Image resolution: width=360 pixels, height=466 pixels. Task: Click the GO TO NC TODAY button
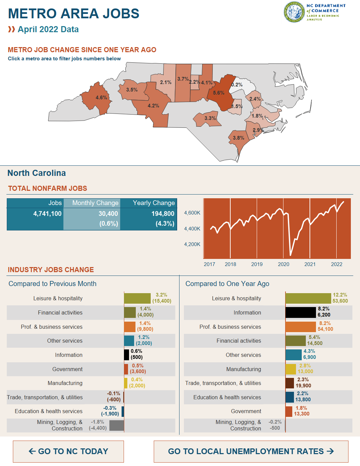tap(68, 451)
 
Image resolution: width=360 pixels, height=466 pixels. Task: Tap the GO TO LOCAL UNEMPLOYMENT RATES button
tap(251, 451)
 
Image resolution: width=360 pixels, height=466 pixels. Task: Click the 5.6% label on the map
tap(218, 93)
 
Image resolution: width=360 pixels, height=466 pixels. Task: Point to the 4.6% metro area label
tap(101, 98)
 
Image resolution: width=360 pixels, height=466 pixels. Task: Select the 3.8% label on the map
tap(238, 138)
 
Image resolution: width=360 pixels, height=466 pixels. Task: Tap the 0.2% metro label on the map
tap(237, 85)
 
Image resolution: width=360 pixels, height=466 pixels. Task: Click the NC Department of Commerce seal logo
tap(294, 12)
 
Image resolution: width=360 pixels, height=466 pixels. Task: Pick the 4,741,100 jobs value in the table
tap(47, 214)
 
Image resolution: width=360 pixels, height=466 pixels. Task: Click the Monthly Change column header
tap(95, 203)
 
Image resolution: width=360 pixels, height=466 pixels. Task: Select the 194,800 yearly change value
tap(163, 214)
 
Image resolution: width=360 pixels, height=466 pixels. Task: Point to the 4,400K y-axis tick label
tap(192, 229)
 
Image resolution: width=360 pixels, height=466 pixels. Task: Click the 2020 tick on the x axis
tap(283, 264)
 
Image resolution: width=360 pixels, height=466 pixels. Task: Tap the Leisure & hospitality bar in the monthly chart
tap(137, 298)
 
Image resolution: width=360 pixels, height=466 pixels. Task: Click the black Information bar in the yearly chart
tap(300, 312)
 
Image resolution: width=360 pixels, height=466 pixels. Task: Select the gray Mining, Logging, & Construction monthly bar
tap(117, 425)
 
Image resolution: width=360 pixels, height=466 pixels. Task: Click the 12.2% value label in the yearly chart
tap(340, 295)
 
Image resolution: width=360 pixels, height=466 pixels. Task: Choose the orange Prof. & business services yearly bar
tap(300, 327)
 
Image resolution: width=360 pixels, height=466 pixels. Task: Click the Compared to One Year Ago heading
tap(227, 284)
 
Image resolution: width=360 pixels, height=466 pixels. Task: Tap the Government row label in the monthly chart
tap(67, 369)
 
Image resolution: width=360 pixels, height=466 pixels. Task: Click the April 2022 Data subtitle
tap(48, 29)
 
